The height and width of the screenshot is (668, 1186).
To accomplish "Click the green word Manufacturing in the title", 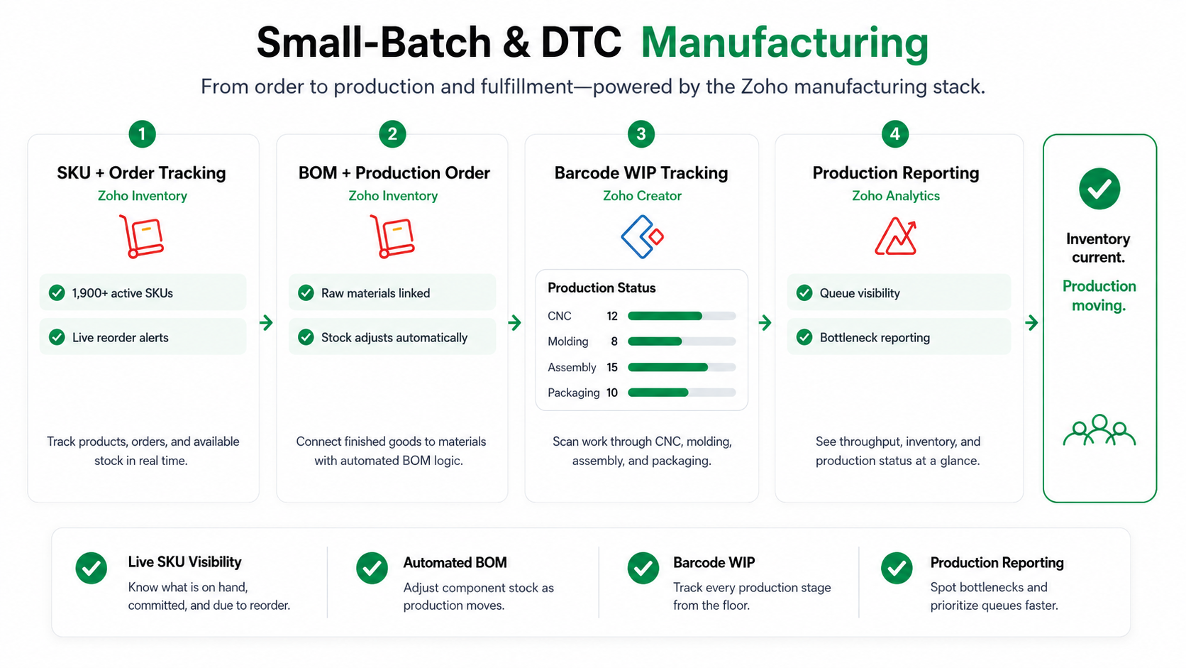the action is pos(784,43).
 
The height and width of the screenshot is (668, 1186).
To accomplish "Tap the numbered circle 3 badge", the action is pos(641,134).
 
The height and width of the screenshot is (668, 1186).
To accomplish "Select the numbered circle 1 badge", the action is pos(142,134).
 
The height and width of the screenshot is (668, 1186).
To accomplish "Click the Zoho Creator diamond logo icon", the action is pos(642,236).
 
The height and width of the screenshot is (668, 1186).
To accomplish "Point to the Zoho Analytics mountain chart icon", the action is pos(895,236).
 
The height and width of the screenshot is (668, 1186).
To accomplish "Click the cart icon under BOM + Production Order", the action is pos(392,236).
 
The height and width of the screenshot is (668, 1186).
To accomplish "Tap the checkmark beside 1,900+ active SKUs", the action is pos(57,292).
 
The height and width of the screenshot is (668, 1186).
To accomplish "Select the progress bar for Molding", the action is pos(682,341).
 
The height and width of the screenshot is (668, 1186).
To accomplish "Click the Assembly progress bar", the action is pos(682,367).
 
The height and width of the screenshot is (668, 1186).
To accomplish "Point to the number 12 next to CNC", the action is pos(612,317).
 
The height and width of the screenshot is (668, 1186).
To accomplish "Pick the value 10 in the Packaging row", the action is pos(612,393).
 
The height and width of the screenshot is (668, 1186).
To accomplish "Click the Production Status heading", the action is pos(602,288).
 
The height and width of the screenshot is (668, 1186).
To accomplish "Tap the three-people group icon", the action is pos(1099,429).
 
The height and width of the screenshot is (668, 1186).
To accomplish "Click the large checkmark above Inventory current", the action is pos(1099,189).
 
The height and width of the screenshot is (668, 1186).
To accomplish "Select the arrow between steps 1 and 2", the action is pos(266,322).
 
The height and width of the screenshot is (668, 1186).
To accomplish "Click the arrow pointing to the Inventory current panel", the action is pos(1031,322).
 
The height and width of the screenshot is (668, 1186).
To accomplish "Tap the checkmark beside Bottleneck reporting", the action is pos(804,337).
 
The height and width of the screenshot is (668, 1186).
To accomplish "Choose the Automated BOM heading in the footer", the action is pos(455,562).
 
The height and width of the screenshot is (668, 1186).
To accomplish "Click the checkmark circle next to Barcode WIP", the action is pos(643,568).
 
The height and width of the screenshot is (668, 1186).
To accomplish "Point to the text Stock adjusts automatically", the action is pos(394,337).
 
